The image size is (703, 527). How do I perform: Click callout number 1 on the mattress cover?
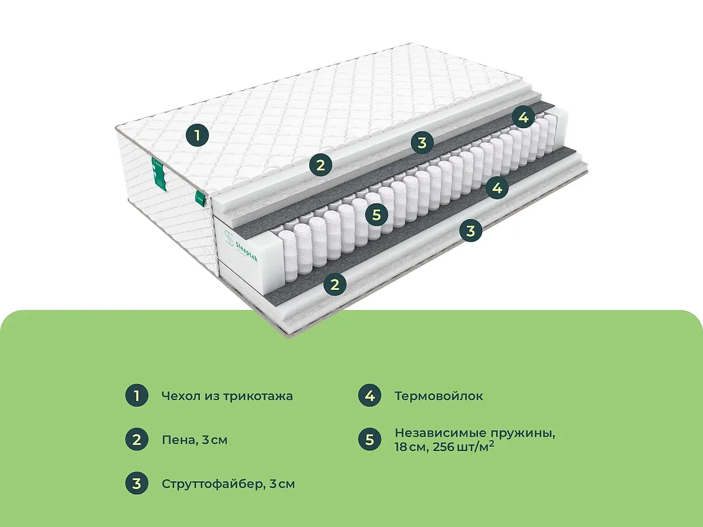[197, 135]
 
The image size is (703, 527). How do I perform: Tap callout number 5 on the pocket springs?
[377, 214]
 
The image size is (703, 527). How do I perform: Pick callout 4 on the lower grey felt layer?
[497, 187]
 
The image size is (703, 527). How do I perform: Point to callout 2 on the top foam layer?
[320, 165]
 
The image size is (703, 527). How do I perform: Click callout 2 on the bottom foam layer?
[335, 284]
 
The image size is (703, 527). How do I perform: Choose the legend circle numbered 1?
[136, 395]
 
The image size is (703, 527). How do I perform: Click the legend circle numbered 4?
[370, 395]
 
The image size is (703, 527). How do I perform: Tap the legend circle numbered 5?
[370, 440]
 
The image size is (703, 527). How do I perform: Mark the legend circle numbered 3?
[136, 484]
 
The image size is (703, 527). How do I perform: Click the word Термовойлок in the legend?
[439, 396]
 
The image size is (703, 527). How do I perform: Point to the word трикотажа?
[258, 396]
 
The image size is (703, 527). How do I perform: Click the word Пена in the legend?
[179, 440]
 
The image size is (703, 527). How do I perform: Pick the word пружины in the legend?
[522, 433]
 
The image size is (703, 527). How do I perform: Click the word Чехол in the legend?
[182, 396]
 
